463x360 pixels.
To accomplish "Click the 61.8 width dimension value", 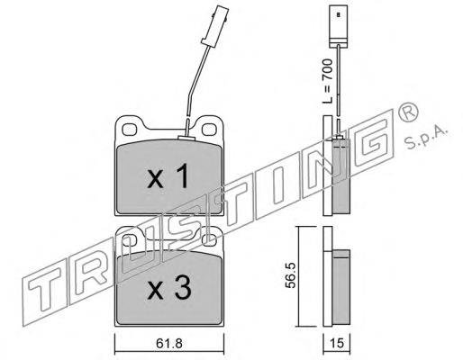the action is (x=169, y=344).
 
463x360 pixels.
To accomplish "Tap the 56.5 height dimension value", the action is (x=290, y=275).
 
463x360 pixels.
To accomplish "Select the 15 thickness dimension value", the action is (x=337, y=343).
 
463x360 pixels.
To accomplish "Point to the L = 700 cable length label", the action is (x=327, y=81).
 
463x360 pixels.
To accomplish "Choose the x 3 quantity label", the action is (x=169, y=288).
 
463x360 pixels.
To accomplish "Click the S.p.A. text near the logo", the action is (x=426, y=137).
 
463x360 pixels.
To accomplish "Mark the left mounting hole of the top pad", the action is (x=130, y=130).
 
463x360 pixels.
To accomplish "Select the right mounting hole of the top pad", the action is (x=209, y=130).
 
